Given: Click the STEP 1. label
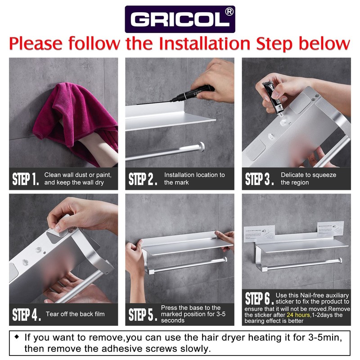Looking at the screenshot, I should click(26, 180).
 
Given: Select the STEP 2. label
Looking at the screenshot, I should click(143, 179).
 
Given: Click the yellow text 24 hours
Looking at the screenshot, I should click(298, 315).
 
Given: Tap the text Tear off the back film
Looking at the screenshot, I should click(75, 314).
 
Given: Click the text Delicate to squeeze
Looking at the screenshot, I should click(308, 175).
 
